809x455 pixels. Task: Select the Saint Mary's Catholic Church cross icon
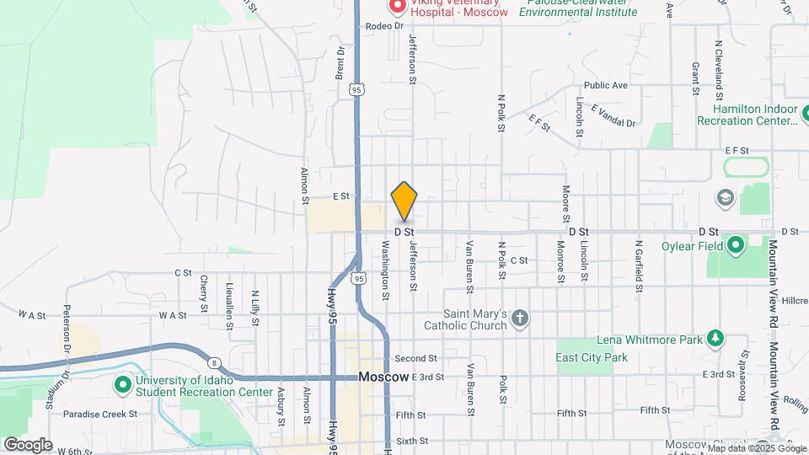tap(521, 318)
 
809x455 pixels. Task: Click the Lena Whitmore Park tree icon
tap(715, 338)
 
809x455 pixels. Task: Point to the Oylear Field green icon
tap(736, 246)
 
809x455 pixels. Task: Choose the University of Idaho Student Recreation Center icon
tap(122, 385)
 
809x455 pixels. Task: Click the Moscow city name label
tap(383, 377)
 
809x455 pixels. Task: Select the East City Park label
tap(592, 358)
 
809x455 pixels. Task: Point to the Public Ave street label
tap(606, 85)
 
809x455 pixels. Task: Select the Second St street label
tap(415, 358)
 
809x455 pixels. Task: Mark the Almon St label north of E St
tap(304, 185)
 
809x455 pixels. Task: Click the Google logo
tap(28, 444)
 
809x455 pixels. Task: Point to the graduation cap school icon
tap(724, 198)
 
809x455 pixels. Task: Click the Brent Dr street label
tap(340, 63)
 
